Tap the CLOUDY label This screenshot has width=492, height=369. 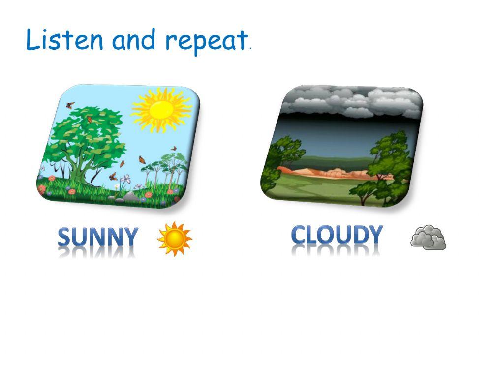[337, 235]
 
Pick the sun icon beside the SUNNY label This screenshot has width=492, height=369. [174, 239]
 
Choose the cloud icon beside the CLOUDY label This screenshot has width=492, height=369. [428, 238]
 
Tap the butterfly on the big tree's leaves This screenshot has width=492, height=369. [90, 119]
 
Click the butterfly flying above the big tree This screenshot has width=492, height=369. [70, 105]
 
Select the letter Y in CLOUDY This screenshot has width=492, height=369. [373, 235]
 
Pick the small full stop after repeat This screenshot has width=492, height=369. [250, 49]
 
